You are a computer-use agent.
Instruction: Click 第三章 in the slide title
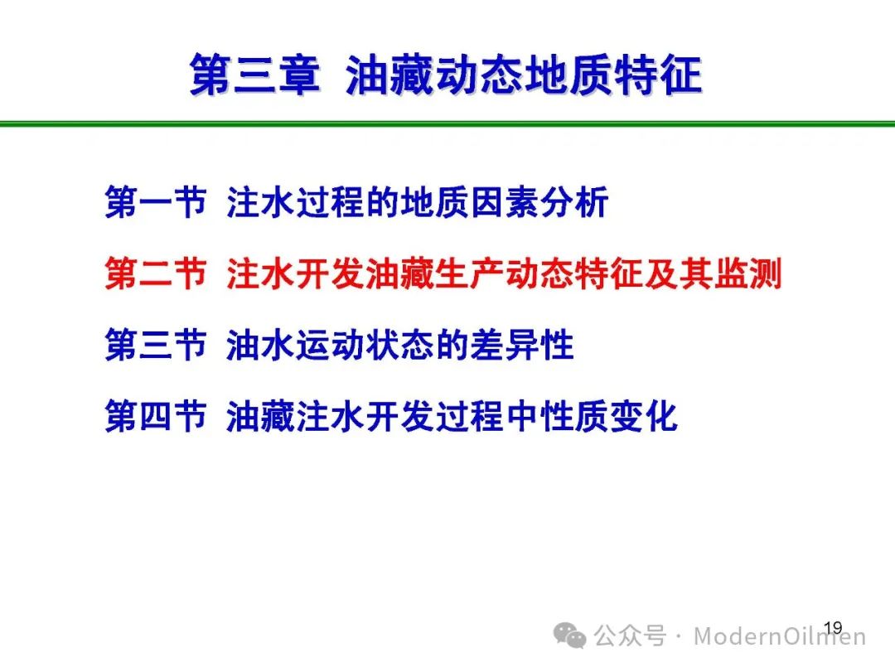click(x=254, y=75)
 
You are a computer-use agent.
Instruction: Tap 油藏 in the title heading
click(x=390, y=75)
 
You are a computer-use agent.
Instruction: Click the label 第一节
click(x=155, y=202)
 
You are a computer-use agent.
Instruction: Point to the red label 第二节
click(x=155, y=273)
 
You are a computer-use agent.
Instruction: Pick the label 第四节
click(x=155, y=415)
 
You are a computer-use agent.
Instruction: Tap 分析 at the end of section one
click(x=574, y=202)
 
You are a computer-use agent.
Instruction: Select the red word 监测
click(x=747, y=273)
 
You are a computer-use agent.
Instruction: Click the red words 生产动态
click(x=506, y=273)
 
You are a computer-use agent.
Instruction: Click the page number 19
click(x=834, y=627)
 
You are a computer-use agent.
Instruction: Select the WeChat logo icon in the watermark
click(x=569, y=635)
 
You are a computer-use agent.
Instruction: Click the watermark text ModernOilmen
click(x=780, y=636)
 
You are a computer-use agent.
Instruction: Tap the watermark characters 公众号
click(x=630, y=636)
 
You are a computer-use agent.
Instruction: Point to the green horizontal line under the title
click(x=447, y=123)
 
